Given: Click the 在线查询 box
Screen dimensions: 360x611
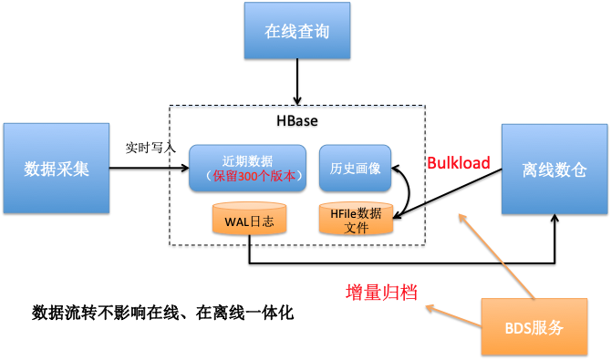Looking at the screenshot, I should (297, 30).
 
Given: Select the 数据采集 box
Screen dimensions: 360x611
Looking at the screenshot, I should (57, 169).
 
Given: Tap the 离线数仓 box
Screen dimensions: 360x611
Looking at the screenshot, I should (554, 170).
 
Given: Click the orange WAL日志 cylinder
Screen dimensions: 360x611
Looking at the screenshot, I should (249, 220).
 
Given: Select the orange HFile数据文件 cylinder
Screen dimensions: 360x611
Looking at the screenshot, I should (357, 219).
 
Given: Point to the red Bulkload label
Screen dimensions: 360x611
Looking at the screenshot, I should (459, 164).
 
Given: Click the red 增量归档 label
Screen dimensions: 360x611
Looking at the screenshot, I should (382, 293).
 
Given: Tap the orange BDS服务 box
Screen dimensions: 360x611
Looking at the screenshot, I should (533, 326).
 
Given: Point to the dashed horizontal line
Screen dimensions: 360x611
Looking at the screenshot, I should (296, 106).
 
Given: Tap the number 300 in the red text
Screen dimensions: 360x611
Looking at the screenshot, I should (249, 176).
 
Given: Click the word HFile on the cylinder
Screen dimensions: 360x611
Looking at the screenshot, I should (344, 213).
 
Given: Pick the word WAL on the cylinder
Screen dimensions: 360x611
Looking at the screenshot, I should (236, 221).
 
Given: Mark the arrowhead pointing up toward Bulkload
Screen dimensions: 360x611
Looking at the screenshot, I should (461, 216).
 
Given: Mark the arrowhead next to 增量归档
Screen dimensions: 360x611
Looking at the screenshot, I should (428, 307).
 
